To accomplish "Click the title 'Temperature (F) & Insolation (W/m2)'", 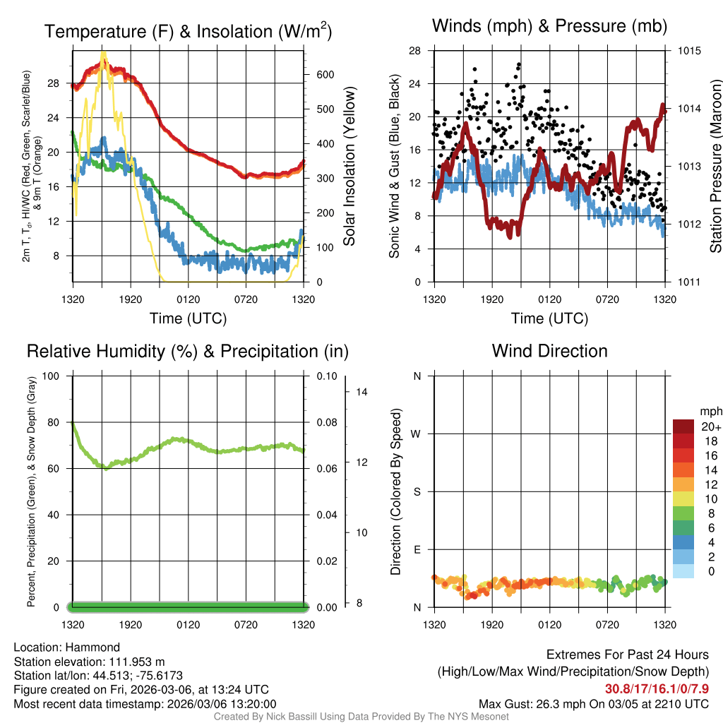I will click(188, 31).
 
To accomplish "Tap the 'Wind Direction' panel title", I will click(549, 351).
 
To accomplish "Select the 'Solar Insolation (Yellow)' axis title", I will click(350, 167).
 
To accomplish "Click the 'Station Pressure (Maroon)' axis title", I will click(715, 167).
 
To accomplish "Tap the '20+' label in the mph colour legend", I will click(706, 426).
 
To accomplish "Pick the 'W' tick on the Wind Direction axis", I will click(417, 434).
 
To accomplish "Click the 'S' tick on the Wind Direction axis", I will click(417, 491).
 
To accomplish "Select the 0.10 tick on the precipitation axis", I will click(326, 376).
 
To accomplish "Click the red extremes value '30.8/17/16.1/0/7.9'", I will click(656, 689).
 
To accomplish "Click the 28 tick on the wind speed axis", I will click(414, 51).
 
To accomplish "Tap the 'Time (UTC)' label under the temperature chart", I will click(188, 318).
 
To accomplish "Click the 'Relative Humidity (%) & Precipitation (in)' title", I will click(188, 351).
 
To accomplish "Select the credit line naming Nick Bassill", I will click(361, 717).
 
